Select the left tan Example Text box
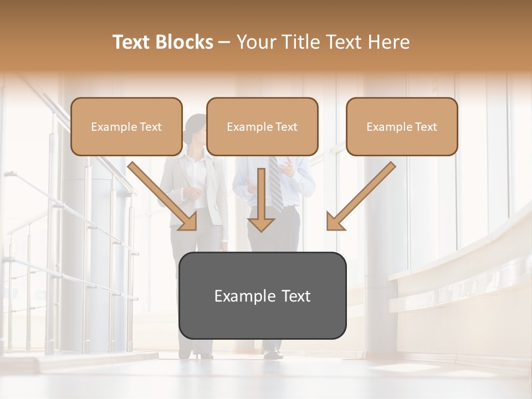(126, 127)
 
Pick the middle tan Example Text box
(262, 127)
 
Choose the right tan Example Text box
(402, 127)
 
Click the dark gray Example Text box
(262, 296)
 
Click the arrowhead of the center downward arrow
(261, 224)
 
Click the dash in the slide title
(224, 42)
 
